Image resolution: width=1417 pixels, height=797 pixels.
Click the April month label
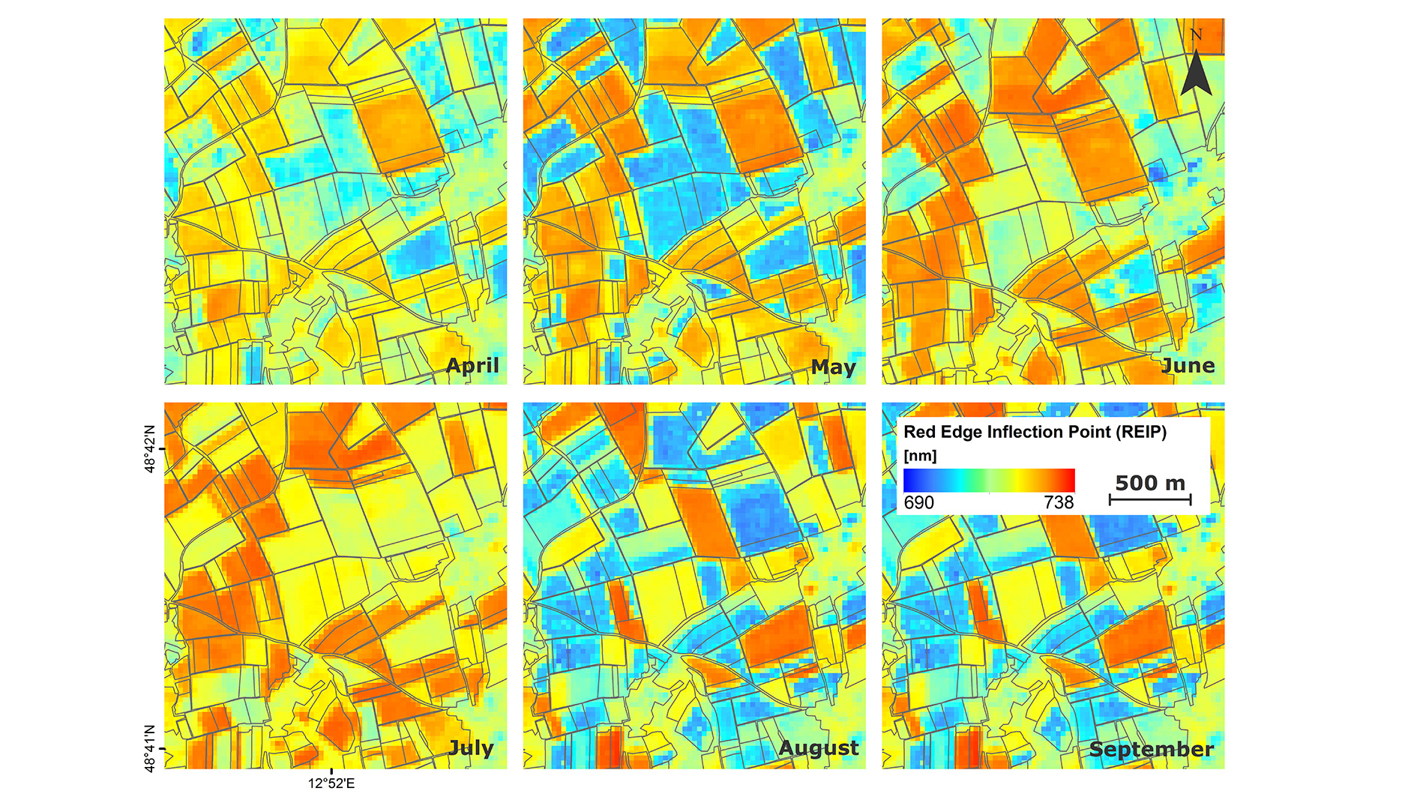[x=472, y=365]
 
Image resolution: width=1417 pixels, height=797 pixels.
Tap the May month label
[x=833, y=367]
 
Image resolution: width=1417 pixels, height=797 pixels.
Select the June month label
[x=1188, y=365]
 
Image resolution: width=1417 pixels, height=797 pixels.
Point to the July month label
[x=471, y=748]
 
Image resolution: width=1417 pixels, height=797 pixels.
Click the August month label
[x=819, y=748]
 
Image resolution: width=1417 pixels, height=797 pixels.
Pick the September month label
[x=1151, y=749]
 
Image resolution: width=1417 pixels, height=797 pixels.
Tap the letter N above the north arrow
[x=1196, y=34]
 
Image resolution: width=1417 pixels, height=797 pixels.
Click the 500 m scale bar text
[x=1150, y=483]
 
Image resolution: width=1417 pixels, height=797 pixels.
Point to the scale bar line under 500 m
[x=1150, y=499]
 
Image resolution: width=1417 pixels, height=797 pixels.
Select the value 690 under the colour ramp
[x=918, y=502]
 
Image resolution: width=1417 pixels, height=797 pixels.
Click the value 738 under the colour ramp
[x=1059, y=502]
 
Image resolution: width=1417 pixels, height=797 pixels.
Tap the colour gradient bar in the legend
[x=989, y=481]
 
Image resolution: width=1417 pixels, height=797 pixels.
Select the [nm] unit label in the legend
[x=920, y=456]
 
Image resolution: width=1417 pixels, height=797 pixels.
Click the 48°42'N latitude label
[x=150, y=449]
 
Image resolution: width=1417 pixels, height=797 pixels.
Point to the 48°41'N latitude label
[x=150, y=748]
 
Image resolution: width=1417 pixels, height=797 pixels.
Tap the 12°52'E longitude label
[x=331, y=784]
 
